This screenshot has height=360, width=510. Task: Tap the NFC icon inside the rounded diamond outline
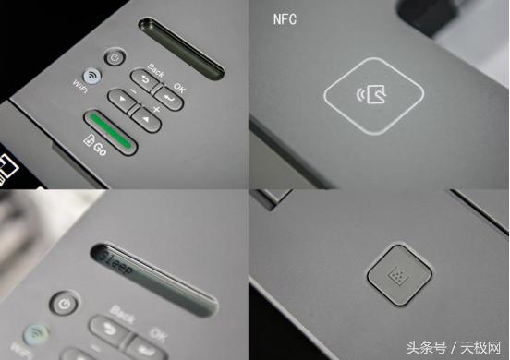(x=373, y=93)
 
